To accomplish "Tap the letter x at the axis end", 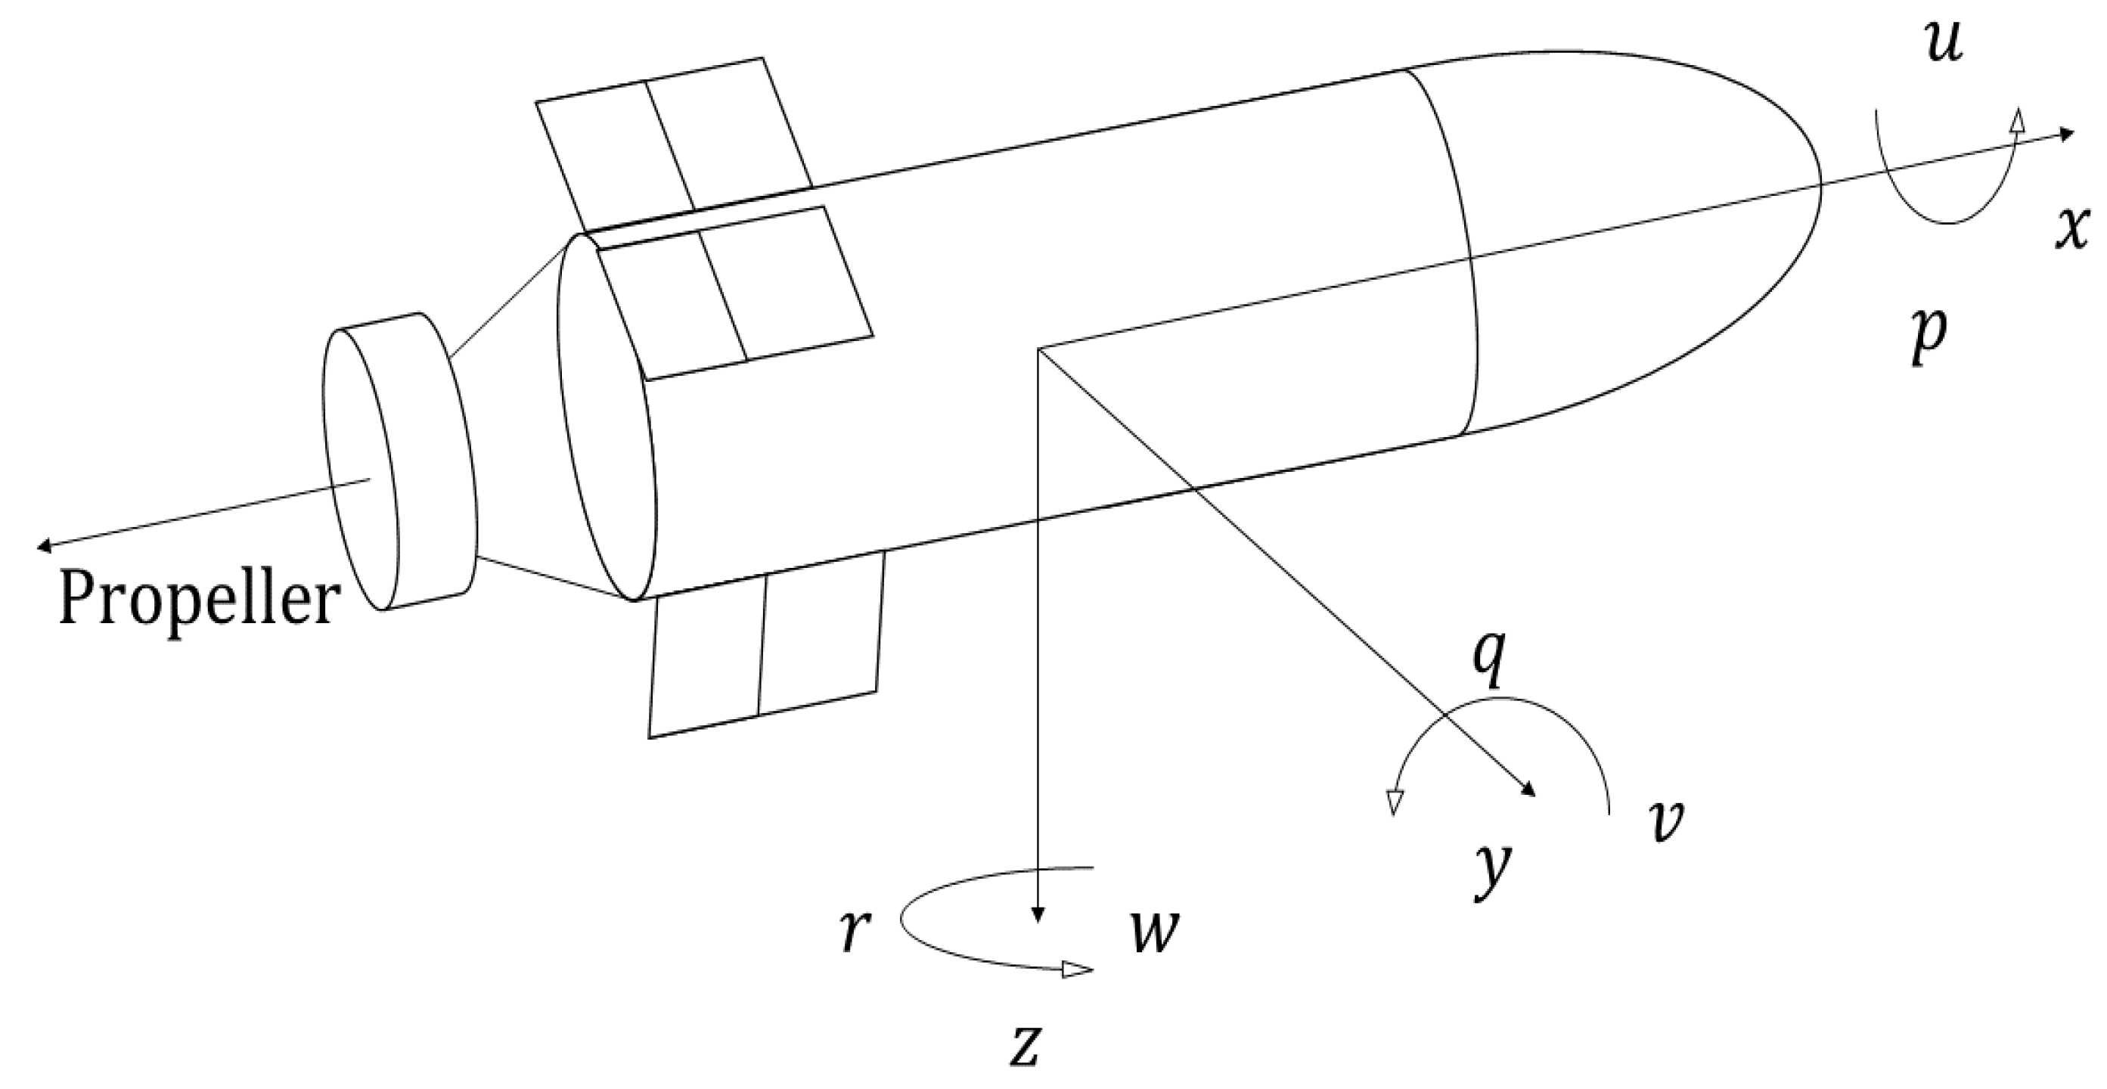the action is point(2077,230).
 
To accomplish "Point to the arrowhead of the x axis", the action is point(2066,134).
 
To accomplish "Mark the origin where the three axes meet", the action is point(1037,349).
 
